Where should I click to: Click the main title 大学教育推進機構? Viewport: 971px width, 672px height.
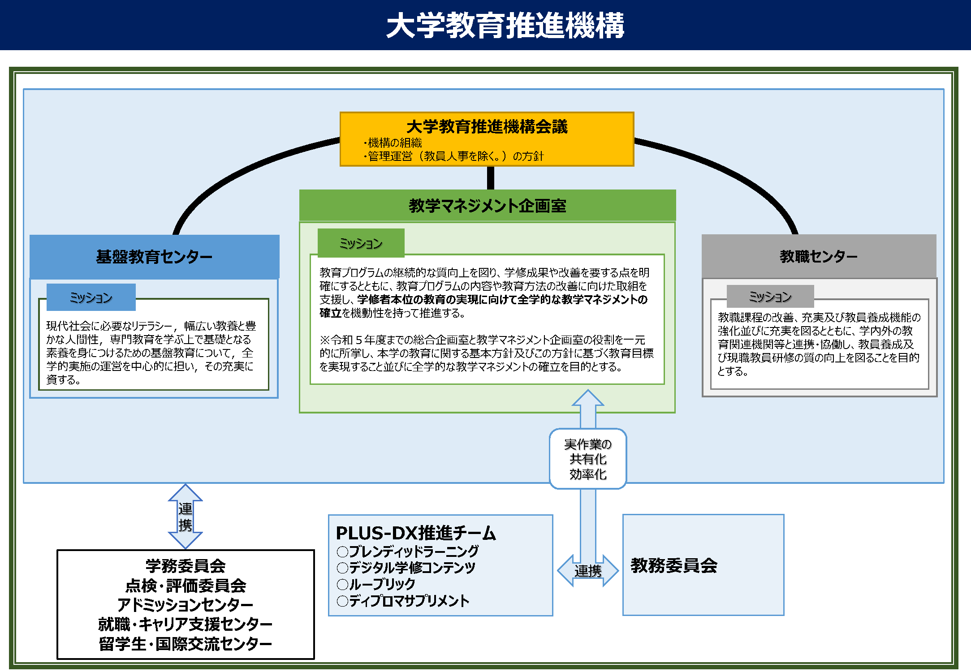(505, 26)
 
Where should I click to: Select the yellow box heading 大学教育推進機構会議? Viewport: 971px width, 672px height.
(487, 127)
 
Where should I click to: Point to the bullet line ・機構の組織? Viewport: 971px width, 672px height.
(393, 143)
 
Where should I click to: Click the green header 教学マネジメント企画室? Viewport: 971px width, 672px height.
(487, 206)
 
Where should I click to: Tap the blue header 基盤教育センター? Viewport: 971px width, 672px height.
(154, 257)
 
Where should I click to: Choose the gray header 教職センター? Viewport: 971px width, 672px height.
(819, 256)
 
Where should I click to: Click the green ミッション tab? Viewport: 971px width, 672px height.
(361, 243)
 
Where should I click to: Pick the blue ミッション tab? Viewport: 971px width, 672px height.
(91, 297)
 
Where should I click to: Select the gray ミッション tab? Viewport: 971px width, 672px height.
(770, 297)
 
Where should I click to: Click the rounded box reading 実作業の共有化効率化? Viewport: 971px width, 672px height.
(587, 459)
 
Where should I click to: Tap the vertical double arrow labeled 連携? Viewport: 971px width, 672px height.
(185, 517)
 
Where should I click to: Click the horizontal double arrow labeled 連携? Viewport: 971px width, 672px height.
(587, 571)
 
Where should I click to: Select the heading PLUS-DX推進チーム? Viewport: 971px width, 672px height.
(415, 533)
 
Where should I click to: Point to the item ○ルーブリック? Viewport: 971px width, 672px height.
(376, 584)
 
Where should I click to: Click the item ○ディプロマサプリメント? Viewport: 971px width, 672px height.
(403, 601)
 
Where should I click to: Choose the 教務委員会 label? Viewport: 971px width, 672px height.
(673, 565)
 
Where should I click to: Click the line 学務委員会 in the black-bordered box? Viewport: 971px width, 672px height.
(185, 566)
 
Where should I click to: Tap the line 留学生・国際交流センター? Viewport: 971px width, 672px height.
(185, 644)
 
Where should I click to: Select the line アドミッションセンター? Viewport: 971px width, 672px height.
(185, 605)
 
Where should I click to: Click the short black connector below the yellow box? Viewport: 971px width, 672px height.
(491, 178)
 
